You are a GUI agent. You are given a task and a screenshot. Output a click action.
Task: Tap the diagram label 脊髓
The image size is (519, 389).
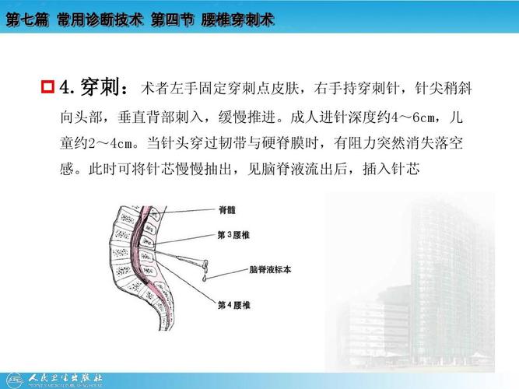(x=228, y=209)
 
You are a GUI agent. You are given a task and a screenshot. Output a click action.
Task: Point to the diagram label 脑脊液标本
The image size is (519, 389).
(x=269, y=269)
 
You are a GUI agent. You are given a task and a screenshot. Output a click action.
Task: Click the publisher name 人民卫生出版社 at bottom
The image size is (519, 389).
(x=65, y=378)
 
